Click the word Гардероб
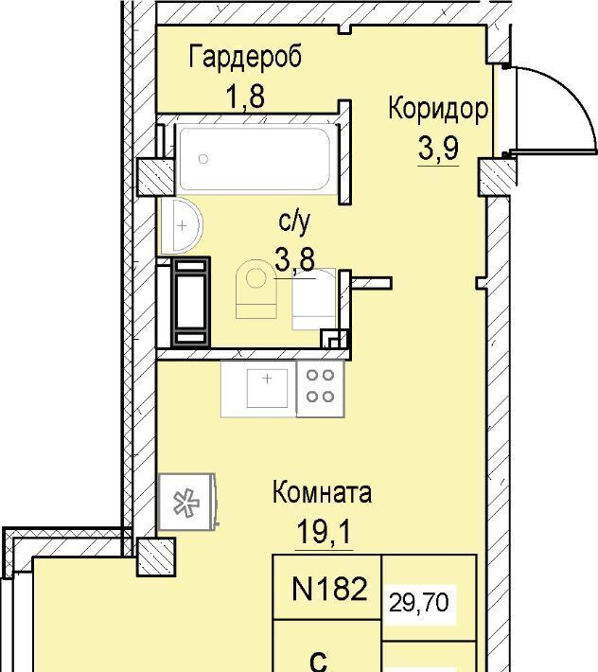(245, 57)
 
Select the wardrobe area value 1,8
(245, 97)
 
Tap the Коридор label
(438, 110)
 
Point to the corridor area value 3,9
(438, 149)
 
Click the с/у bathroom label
(294, 223)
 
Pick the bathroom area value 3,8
(294, 259)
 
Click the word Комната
(322, 493)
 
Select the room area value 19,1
(325, 532)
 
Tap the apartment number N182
(329, 589)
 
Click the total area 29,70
(419, 603)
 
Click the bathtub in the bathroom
(255, 159)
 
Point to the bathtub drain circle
(203, 159)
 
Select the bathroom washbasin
(182, 225)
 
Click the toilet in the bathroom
(255, 289)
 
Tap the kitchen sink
(267, 388)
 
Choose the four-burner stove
(320, 389)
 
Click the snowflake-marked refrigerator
(186, 502)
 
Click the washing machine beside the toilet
(313, 299)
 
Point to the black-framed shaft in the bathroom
(190, 302)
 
